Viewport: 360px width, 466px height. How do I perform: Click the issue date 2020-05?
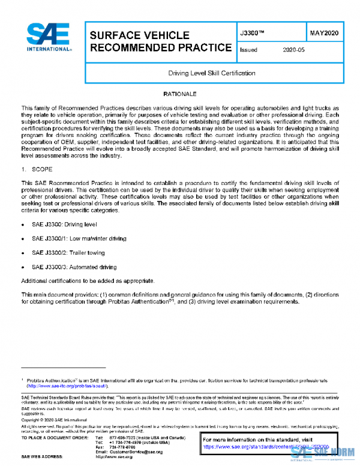coord(293,50)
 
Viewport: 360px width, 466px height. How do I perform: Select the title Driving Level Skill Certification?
coord(212,73)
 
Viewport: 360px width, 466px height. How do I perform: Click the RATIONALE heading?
coord(180,95)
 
